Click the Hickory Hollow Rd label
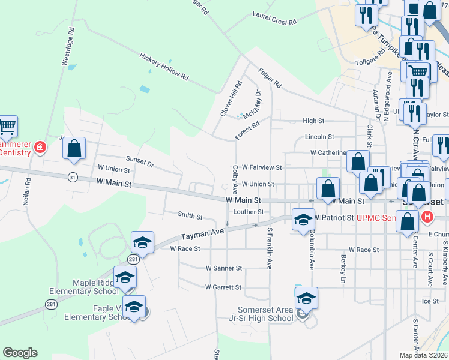click(164, 67)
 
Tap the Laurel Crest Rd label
click(275, 18)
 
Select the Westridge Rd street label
click(68, 46)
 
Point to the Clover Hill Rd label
click(231, 98)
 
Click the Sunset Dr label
click(140, 160)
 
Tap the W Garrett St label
click(223, 287)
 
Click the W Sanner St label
click(223, 268)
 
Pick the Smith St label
click(190, 215)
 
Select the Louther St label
click(249, 212)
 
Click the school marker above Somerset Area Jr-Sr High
click(306, 298)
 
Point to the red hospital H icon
click(427, 216)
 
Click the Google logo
click(20, 353)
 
